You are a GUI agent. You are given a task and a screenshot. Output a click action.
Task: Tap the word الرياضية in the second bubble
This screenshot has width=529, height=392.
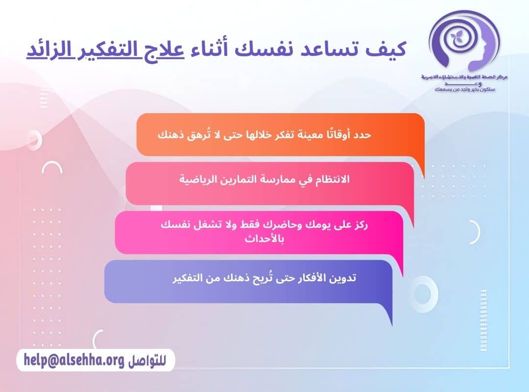tap(198, 179)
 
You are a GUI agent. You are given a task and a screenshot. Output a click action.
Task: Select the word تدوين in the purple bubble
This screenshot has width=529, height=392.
tap(343, 278)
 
